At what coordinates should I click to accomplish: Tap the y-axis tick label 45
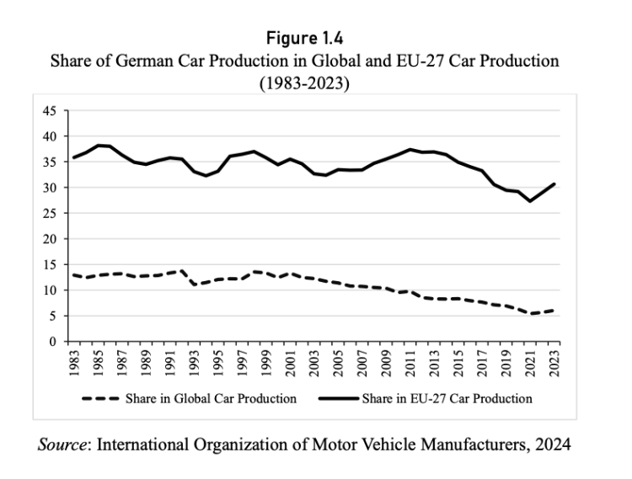coord(50,110)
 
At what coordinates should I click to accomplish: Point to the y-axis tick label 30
coord(50,188)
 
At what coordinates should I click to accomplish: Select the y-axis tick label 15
coord(50,265)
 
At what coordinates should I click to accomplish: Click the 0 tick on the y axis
coord(53,342)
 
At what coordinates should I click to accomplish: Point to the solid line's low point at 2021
coord(530,201)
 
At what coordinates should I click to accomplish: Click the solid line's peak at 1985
coord(99,146)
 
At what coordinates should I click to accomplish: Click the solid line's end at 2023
coord(554,184)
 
